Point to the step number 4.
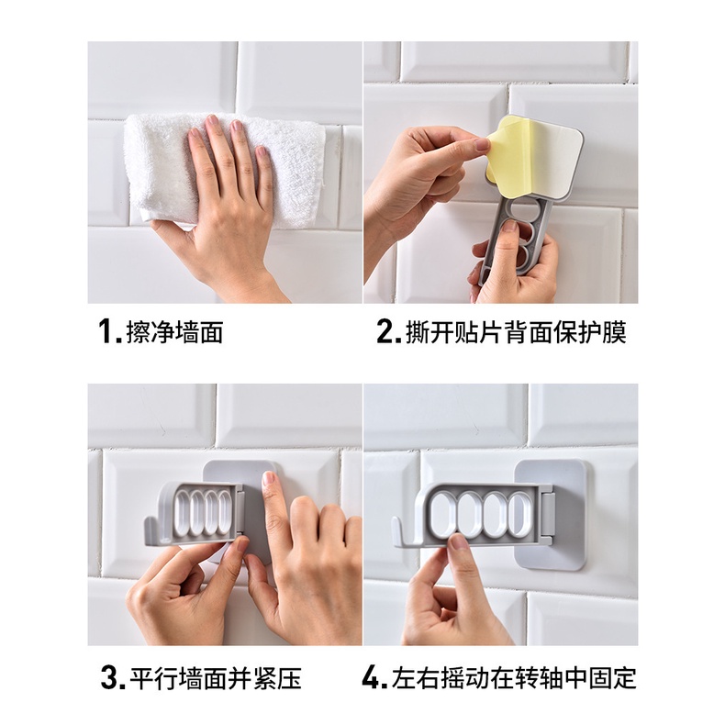[x=373, y=678]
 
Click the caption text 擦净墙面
[x=174, y=332]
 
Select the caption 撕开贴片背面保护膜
[x=516, y=332]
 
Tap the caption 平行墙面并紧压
[x=216, y=678]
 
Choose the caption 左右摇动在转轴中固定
[x=514, y=678]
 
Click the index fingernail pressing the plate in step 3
[x=269, y=478]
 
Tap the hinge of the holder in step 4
[x=548, y=514]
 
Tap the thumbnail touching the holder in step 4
[x=459, y=541]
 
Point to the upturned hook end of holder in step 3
[x=151, y=531]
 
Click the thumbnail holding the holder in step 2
[x=510, y=227]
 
